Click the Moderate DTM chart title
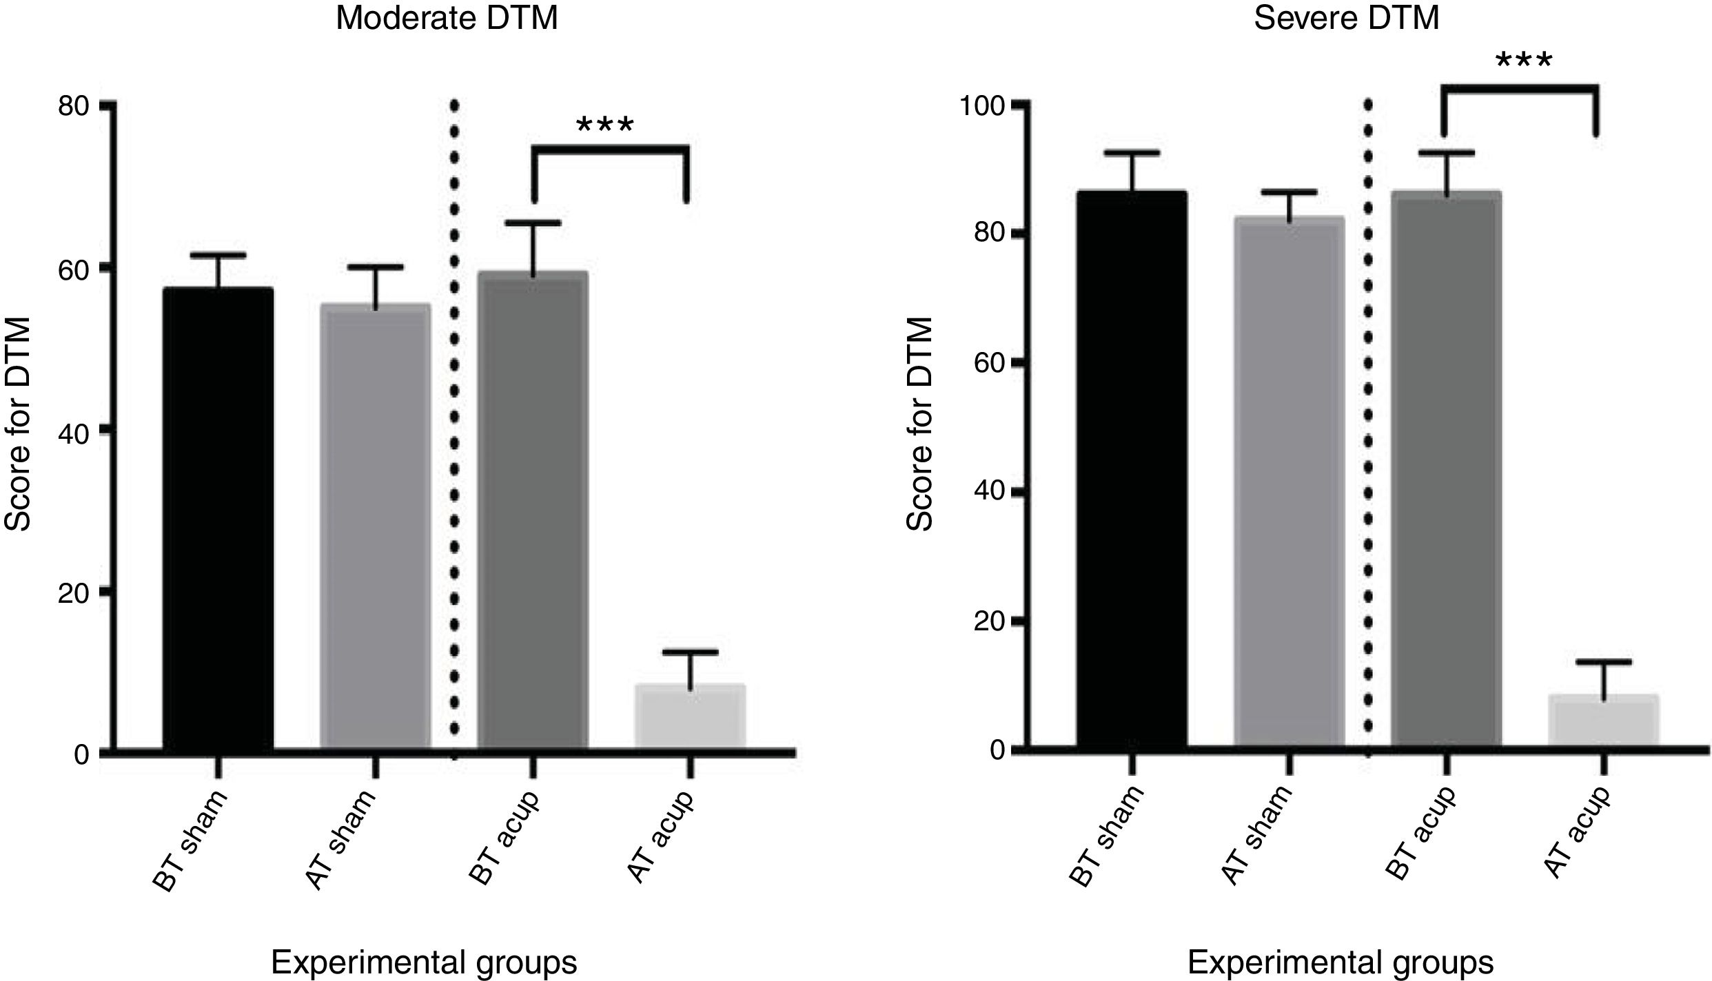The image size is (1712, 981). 446,18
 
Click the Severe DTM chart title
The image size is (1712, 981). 1346,18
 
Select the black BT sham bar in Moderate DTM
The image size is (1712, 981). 218,517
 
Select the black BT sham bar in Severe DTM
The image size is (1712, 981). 1132,468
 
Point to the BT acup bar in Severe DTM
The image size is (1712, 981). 1447,468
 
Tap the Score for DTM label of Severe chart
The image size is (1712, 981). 920,424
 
